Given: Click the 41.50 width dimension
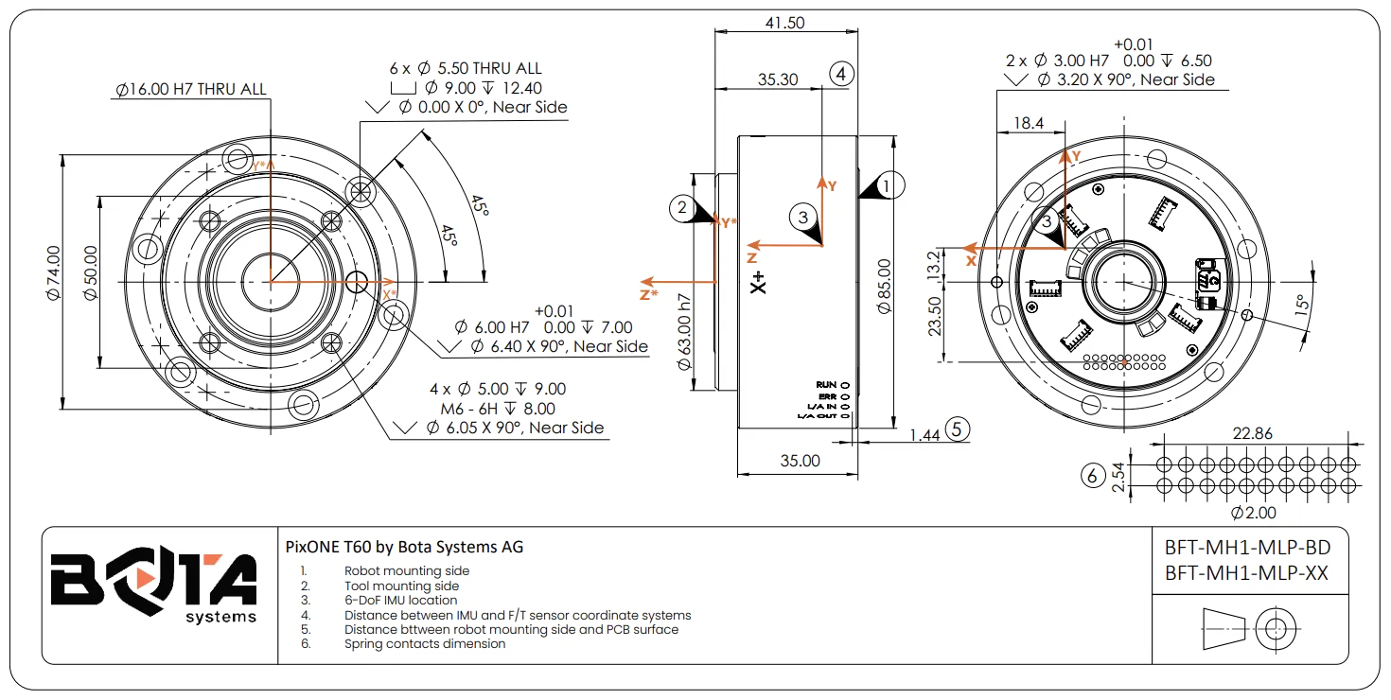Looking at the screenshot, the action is [x=785, y=23].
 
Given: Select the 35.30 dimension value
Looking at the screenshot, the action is [x=778, y=79].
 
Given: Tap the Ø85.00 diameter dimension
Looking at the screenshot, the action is [x=884, y=286].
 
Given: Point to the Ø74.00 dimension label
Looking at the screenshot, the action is [x=53, y=273].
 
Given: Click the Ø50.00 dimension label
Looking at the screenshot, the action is [x=91, y=273].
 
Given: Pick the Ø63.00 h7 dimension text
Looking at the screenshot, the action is [x=684, y=331].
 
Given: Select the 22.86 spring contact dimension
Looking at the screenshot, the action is [x=1252, y=433].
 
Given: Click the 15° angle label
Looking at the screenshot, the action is [x=1302, y=306].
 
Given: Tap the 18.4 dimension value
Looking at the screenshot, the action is [x=1029, y=123].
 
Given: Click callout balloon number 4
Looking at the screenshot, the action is [x=841, y=74].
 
